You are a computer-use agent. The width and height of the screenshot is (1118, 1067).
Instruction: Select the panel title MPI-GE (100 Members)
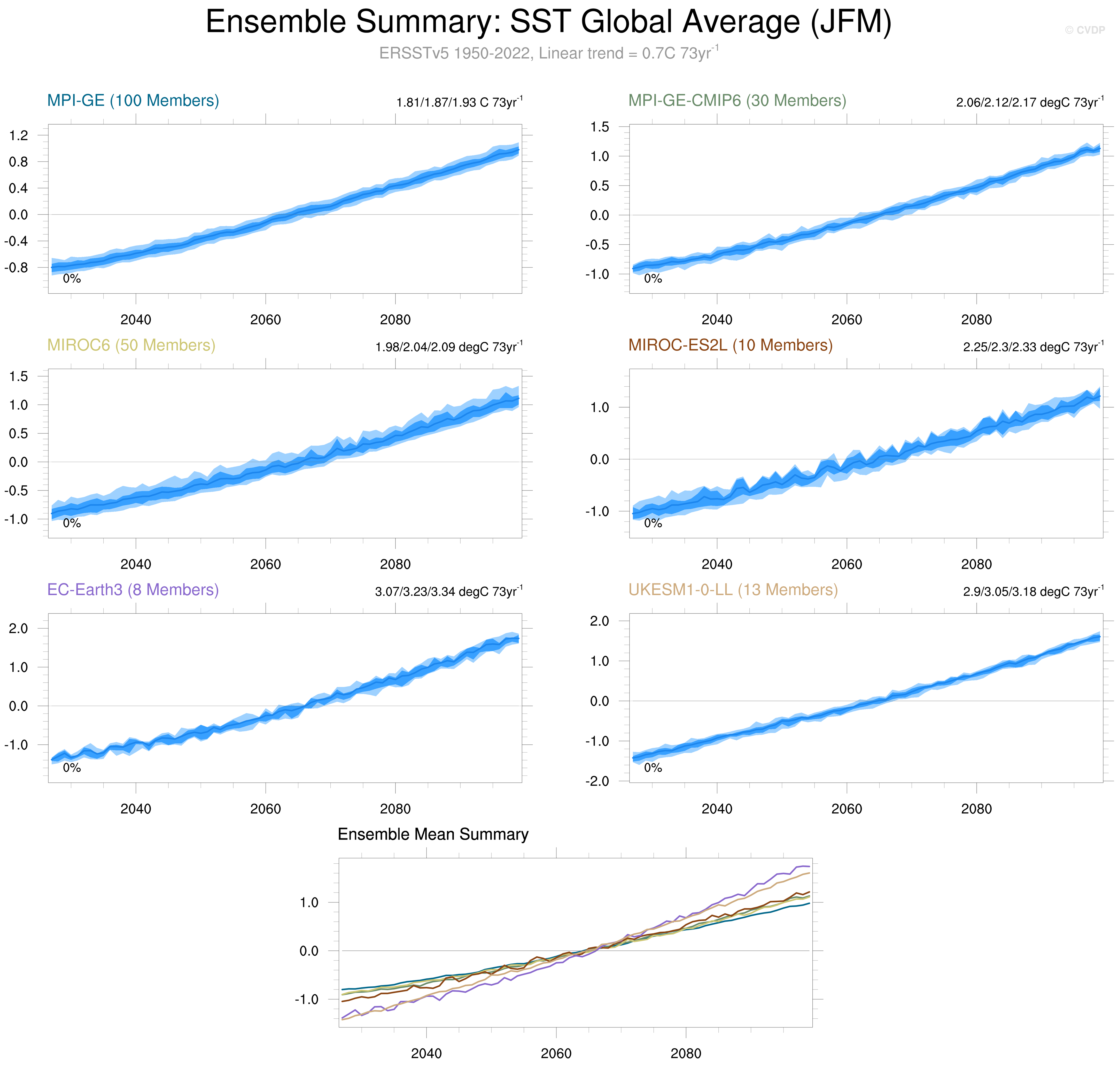coord(133,101)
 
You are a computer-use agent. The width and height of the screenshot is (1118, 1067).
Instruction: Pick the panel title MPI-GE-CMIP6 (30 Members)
coord(737,101)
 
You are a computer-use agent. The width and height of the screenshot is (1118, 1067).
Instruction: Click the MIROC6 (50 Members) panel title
coord(131,345)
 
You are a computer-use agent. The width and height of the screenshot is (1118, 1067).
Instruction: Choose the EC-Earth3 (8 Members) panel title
coord(133,590)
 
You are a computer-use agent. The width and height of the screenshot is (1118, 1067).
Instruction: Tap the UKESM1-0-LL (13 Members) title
coord(733,590)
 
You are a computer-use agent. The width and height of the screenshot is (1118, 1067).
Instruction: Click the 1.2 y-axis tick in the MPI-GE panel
coord(18,135)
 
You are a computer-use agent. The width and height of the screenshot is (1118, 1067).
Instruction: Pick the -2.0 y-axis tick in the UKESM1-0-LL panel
coord(597,781)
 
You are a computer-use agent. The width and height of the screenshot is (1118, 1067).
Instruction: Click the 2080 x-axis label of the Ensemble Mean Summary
coord(686,1053)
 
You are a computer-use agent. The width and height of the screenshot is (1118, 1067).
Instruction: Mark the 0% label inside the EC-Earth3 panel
coord(72,768)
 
